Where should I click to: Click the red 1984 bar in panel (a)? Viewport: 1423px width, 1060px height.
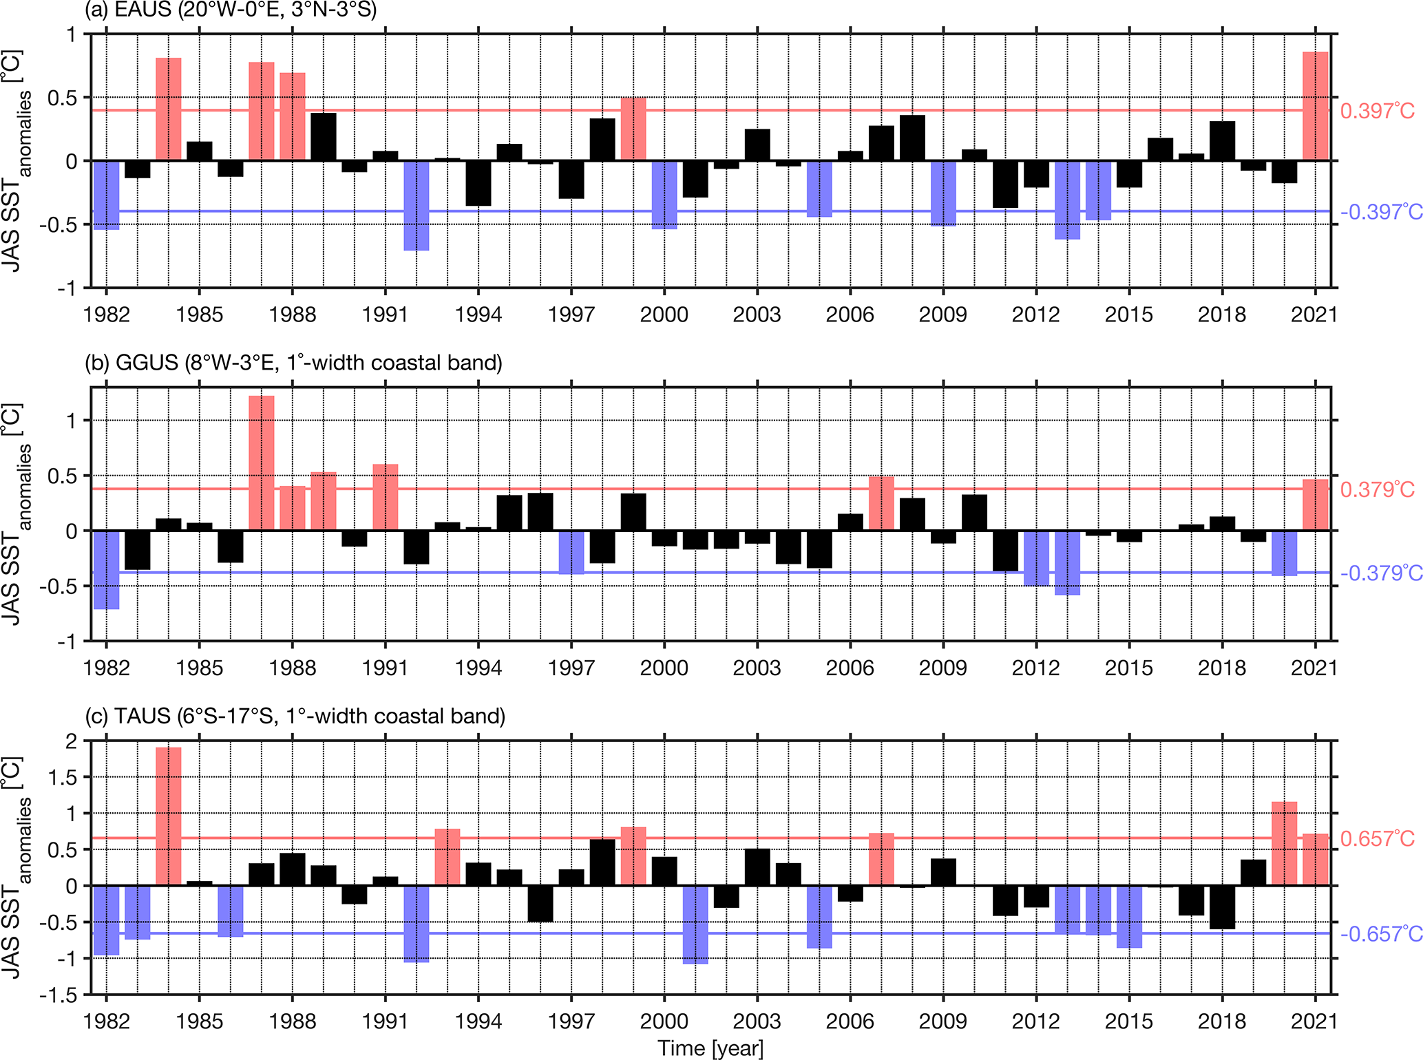[x=169, y=109]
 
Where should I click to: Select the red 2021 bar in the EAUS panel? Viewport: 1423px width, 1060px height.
[x=1315, y=106]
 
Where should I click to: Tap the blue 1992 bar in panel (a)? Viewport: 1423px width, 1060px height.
[x=417, y=205]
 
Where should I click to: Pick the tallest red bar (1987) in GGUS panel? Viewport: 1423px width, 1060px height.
[x=262, y=463]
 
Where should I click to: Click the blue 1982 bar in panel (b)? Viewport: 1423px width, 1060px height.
[x=107, y=569]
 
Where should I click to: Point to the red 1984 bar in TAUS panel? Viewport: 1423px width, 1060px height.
[x=169, y=816]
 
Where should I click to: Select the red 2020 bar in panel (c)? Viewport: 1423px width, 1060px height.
[x=1284, y=843]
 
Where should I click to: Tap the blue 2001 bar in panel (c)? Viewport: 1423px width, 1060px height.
[x=695, y=924]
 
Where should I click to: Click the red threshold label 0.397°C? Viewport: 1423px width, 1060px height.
[x=1377, y=111]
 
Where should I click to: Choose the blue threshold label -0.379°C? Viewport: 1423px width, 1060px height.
[x=1381, y=573]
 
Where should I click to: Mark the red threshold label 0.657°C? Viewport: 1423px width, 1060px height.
[x=1377, y=838]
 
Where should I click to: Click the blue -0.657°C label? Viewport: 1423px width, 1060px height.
[x=1381, y=934]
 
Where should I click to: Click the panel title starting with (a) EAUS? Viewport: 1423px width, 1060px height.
[x=231, y=10]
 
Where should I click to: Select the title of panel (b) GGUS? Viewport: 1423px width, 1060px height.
[x=293, y=363]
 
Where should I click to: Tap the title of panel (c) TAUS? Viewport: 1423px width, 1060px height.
[x=295, y=716]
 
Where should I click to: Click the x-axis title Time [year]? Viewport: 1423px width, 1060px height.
[x=710, y=1048]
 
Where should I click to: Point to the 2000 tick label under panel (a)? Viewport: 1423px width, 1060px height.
[x=664, y=315]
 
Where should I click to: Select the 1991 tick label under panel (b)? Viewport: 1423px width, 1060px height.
[x=385, y=668]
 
